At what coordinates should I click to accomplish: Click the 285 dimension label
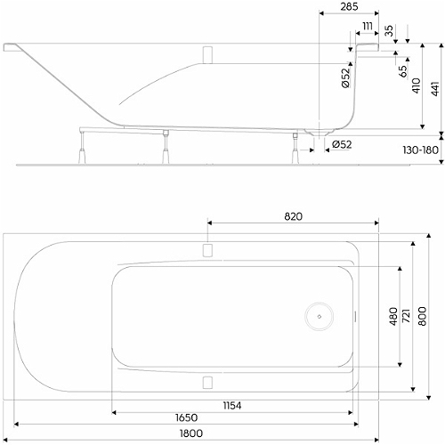pos(349,7)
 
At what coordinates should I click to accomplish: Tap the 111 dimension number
pos(368,27)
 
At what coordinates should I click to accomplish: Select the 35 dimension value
pos(389,31)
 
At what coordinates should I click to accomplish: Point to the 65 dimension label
pos(403,71)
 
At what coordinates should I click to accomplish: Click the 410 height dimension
pos(417,85)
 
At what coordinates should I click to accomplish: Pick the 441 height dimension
pos(435,89)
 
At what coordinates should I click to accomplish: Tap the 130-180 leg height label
pos(420,150)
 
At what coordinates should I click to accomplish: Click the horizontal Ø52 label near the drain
pos(342,144)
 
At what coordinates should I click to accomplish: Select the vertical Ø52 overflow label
pos(346,78)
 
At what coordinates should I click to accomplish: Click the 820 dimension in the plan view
pos(293,216)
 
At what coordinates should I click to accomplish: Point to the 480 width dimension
pos(393,317)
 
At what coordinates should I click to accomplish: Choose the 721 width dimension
pos(406,316)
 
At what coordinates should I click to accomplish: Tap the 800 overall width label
pos(423,316)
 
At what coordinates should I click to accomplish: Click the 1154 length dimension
pos(232,406)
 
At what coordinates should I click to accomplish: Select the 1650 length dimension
pos(186,417)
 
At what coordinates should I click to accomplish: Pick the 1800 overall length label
pos(191,433)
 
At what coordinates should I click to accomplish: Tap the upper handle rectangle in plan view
pos(207,250)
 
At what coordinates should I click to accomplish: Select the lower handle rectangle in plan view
pos(207,383)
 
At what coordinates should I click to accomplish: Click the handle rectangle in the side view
pos(207,55)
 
